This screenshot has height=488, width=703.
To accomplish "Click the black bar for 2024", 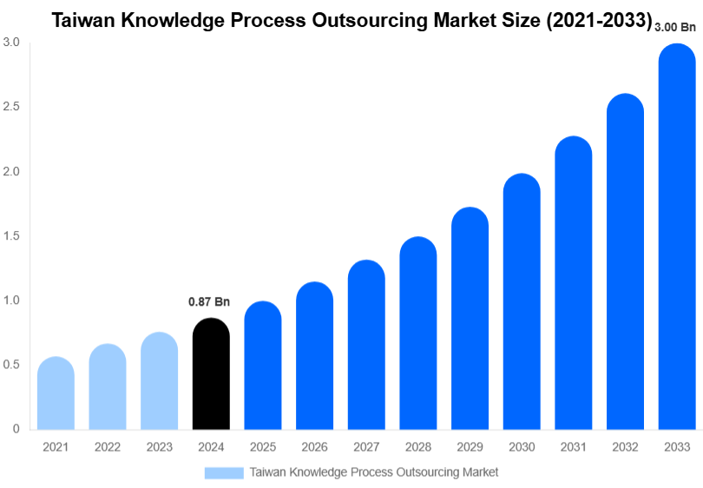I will click(211, 374).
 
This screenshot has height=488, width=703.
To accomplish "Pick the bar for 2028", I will click(418, 333).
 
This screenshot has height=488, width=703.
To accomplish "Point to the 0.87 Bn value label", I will click(209, 302).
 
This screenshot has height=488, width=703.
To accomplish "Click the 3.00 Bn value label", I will click(676, 28).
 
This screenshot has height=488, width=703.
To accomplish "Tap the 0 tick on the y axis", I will click(16, 429).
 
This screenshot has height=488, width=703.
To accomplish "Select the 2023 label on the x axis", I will click(159, 447).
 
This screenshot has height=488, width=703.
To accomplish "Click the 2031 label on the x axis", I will click(573, 447).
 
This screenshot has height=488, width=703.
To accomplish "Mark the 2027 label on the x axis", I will click(366, 447).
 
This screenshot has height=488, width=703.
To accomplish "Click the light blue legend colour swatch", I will click(224, 472).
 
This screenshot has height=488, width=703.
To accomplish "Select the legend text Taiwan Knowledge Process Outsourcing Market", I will click(374, 472).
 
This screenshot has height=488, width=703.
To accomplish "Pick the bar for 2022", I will click(108, 387).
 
